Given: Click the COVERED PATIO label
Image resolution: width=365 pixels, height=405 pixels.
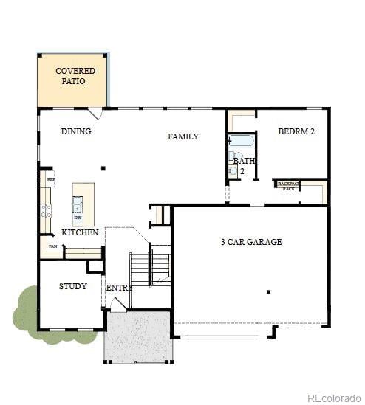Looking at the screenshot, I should [x=75, y=75].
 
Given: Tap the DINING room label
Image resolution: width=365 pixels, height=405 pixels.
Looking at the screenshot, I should [x=76, y=131].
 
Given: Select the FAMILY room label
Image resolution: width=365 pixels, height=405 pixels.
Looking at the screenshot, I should [x=182, y=136].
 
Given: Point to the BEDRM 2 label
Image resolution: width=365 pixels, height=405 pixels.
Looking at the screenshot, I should [x=296, y=131].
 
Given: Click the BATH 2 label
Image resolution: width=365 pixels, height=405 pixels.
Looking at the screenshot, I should [x=244, y=165].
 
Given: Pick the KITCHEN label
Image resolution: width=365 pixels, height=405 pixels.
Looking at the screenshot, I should [x=80, y=232].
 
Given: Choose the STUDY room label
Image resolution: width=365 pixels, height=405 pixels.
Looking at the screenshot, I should [x=73, y=286].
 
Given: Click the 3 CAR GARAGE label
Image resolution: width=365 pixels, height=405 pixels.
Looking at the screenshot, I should [x=251, y=242].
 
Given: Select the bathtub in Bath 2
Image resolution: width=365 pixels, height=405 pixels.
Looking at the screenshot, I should [x=242, y=142].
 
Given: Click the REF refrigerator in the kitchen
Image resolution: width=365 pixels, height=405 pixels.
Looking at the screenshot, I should [x=50, y=179].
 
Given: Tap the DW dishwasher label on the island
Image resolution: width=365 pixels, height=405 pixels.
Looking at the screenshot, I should [x=78, y=218].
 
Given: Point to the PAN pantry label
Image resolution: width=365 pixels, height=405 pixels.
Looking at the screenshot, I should [x=52, y=246].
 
